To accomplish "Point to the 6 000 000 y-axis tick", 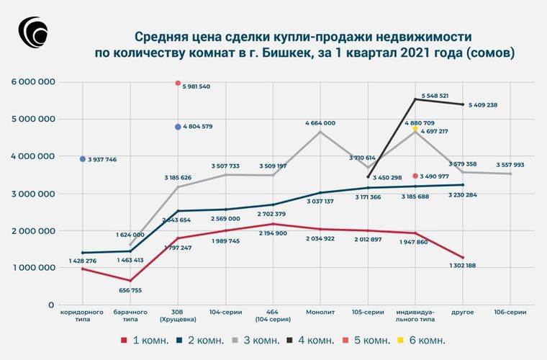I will click(x=33, y=82).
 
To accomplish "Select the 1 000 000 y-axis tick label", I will click(x=33, y=267).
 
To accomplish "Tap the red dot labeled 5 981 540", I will click(x=178, y=84).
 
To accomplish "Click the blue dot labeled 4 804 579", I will click(x=178, y=127).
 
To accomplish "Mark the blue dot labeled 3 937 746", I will click(x=83, y=159).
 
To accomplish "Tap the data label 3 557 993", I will click(x=510, y=164).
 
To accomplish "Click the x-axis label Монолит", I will click(x=320, y=313).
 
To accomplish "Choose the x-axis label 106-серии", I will click(x=510, y=313).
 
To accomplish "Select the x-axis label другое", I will click(x=463, y=313).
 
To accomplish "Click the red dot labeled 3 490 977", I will click(x=415, y=176).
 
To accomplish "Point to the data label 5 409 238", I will click(x=483, y=105).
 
